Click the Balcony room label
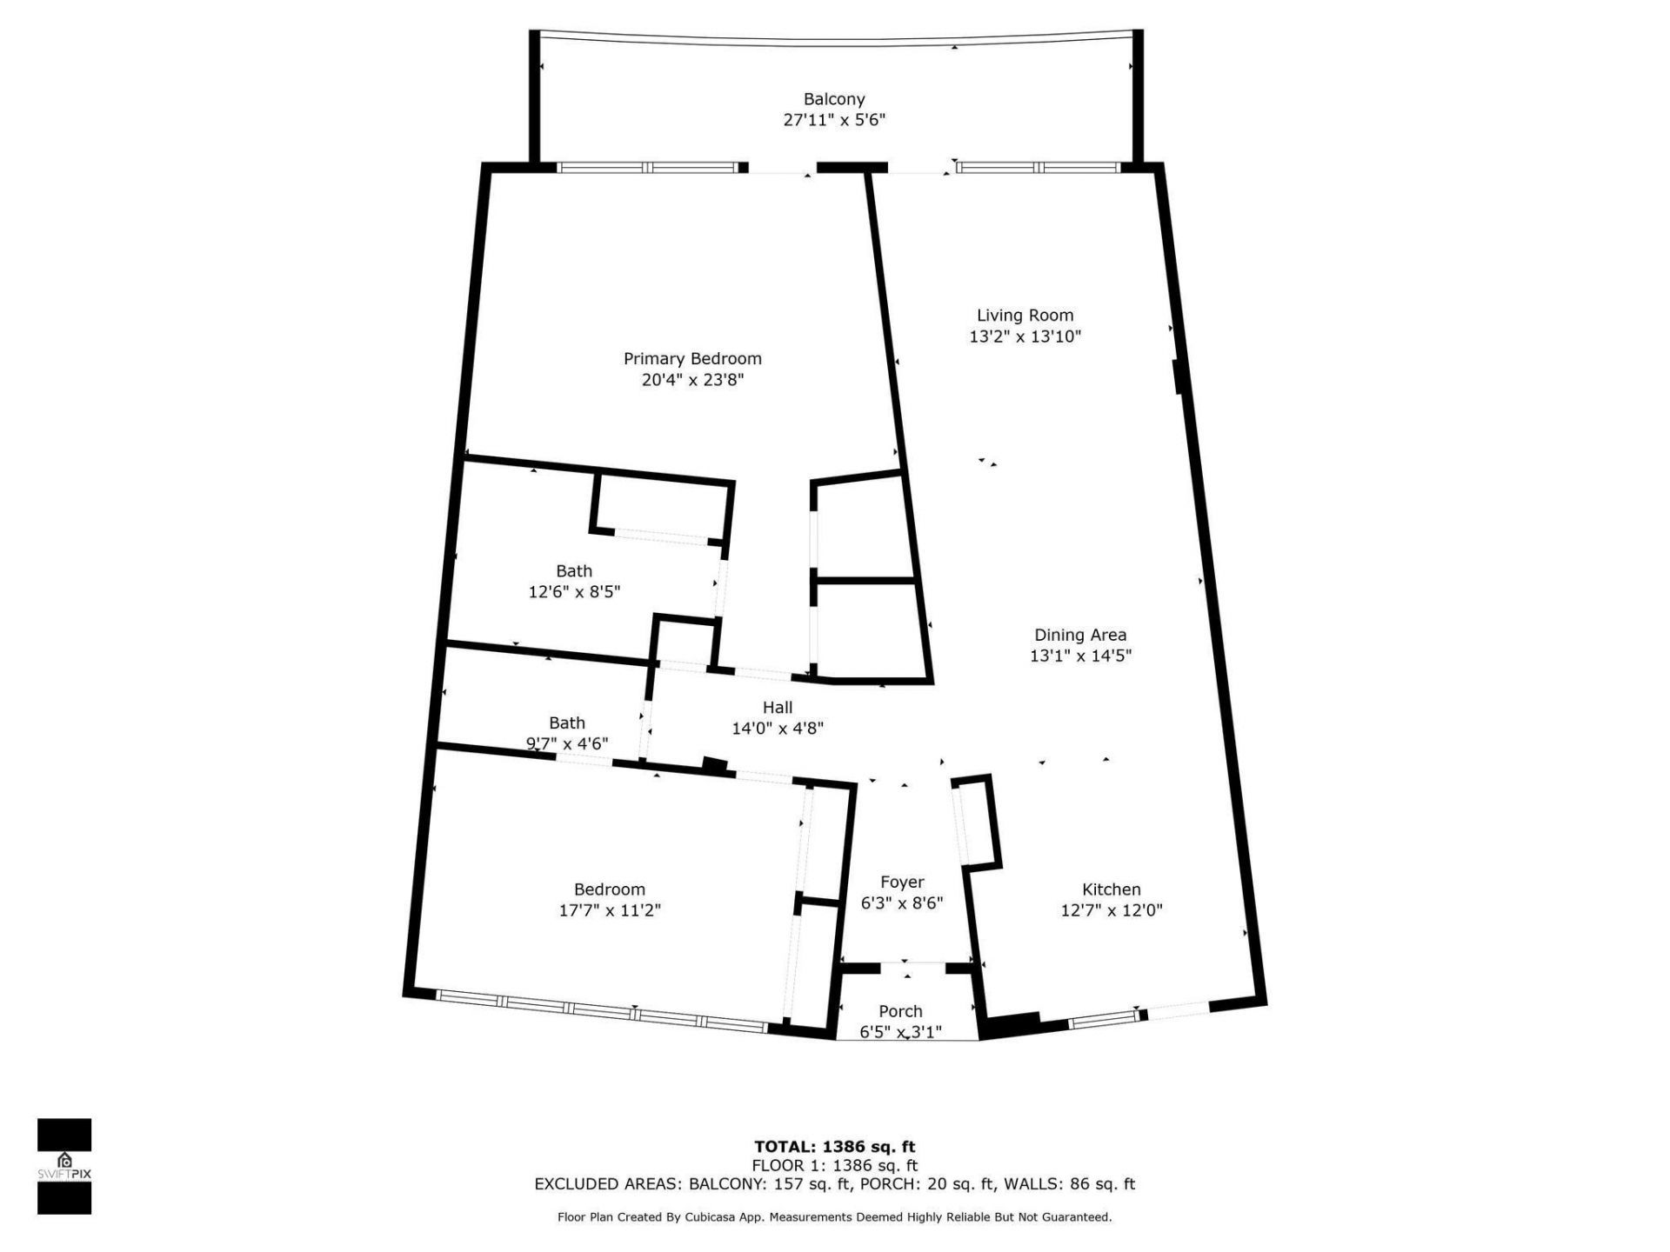click(833, 99)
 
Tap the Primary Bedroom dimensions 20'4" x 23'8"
click(692, 380)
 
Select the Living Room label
click(1025, 316)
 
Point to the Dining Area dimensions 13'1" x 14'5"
click(1080, 656)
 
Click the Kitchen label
click(1111, 889)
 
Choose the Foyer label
click(902, 882)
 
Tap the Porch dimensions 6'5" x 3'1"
click(900, 1033)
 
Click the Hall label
click(778, 708)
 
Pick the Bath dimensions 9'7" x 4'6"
click(567, 744)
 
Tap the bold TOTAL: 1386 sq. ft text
click(834, 1147)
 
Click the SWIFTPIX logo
click(64, 1166)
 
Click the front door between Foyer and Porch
click(913, 963)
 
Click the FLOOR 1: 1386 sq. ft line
click(834, 1166)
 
